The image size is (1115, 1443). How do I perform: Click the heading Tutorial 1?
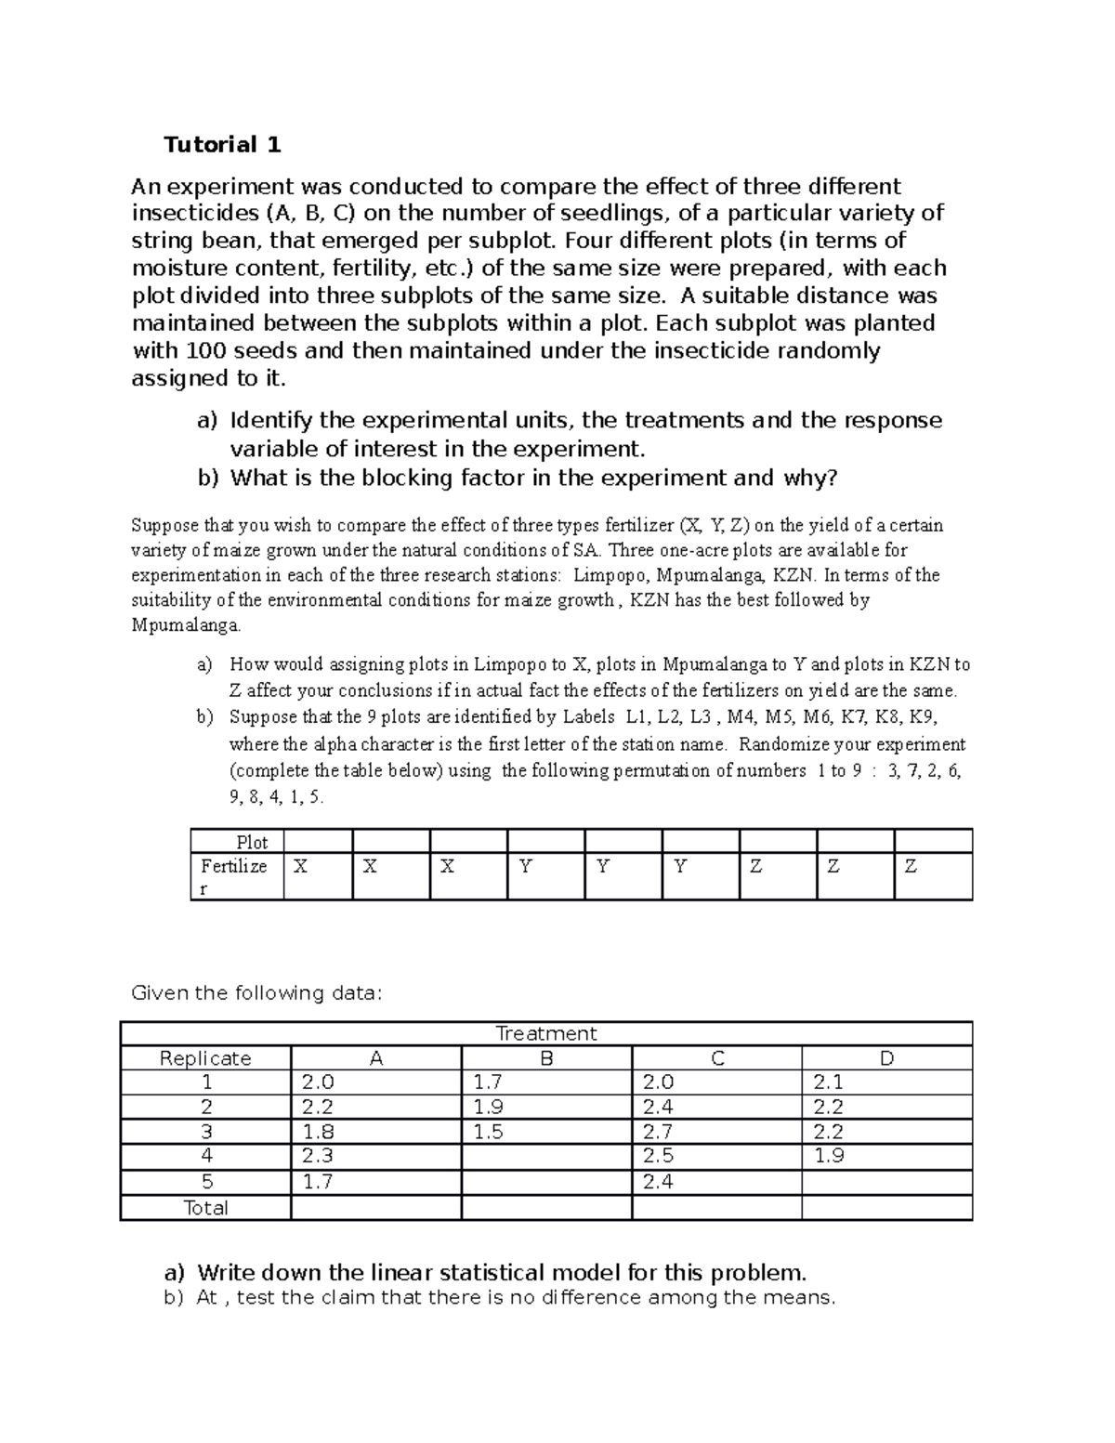pyautogui.click(x=222, y=144)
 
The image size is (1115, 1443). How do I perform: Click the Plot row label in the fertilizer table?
pyautogui.click(x=252, y=842)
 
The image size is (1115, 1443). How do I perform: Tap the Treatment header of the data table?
pyautogui.click(x=545, y=1033)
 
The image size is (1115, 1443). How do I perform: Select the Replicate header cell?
pyautogui.click(x=205, y=1058)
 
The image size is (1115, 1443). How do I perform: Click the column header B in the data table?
pyautogui.click(x=546, y=1058)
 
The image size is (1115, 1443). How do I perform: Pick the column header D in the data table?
pyautogui.click(x=886, y=1058)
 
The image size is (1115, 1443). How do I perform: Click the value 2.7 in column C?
pyautogui.click(x=659, y=1132)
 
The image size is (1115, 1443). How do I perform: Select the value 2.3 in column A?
pyautogui.click(x=318, y=1156)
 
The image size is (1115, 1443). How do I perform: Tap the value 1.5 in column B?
pyautogui.click(x=488, y=1132)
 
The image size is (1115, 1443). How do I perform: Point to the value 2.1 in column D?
pyautogui.click(x=828, y=1082)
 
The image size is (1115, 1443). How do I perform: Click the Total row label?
pyautogui.click(x=205, y=1207)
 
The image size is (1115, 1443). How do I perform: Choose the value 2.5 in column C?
pyautogui.click(x=659, y=1156)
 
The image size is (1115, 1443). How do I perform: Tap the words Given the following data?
pyautogui.click(x=256, y=992)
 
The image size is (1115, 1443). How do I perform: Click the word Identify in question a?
pyautogui.click(x=270, y=420)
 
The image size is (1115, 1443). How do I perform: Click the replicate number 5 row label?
pyautogui.click(x=206, y=1182)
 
